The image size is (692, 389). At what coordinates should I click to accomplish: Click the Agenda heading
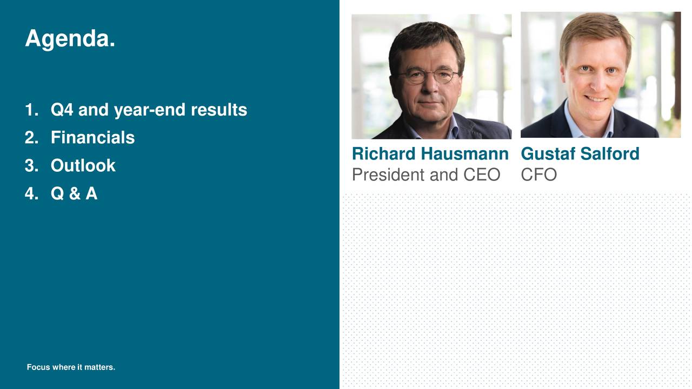pos(70,39)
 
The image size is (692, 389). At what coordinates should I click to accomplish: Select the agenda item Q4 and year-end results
pos(149,110)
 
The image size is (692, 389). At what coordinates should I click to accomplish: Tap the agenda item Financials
pos(92,138)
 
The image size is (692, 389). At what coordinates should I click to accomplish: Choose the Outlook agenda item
pos(83,165)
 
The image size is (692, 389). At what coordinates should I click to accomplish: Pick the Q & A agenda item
pos(74,193)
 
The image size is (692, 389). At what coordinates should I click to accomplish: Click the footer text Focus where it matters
pos(71,367)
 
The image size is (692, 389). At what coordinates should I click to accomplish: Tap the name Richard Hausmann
pos(430,154)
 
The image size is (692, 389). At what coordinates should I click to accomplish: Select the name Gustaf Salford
pos(580,154)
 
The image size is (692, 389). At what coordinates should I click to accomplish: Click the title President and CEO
pos(425,175)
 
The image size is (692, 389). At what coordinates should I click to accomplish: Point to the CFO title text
pos(538,175)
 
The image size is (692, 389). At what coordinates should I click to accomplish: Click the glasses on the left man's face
pos(428,76)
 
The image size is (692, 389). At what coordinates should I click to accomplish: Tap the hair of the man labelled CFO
pos(595,30)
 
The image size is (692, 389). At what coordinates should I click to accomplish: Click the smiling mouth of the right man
pos(596,98)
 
